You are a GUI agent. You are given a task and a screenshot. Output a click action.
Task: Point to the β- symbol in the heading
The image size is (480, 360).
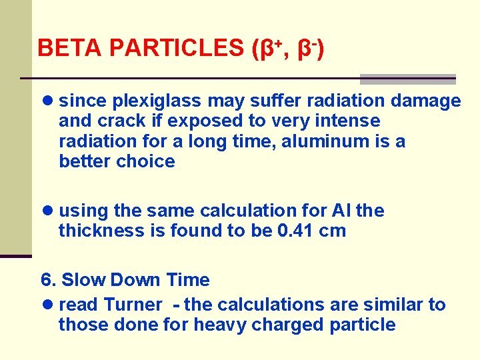click(307, 47)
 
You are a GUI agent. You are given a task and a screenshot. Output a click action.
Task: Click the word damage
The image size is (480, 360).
click(426, 101)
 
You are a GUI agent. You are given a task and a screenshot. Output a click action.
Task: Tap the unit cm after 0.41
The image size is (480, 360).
click(331, 231)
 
